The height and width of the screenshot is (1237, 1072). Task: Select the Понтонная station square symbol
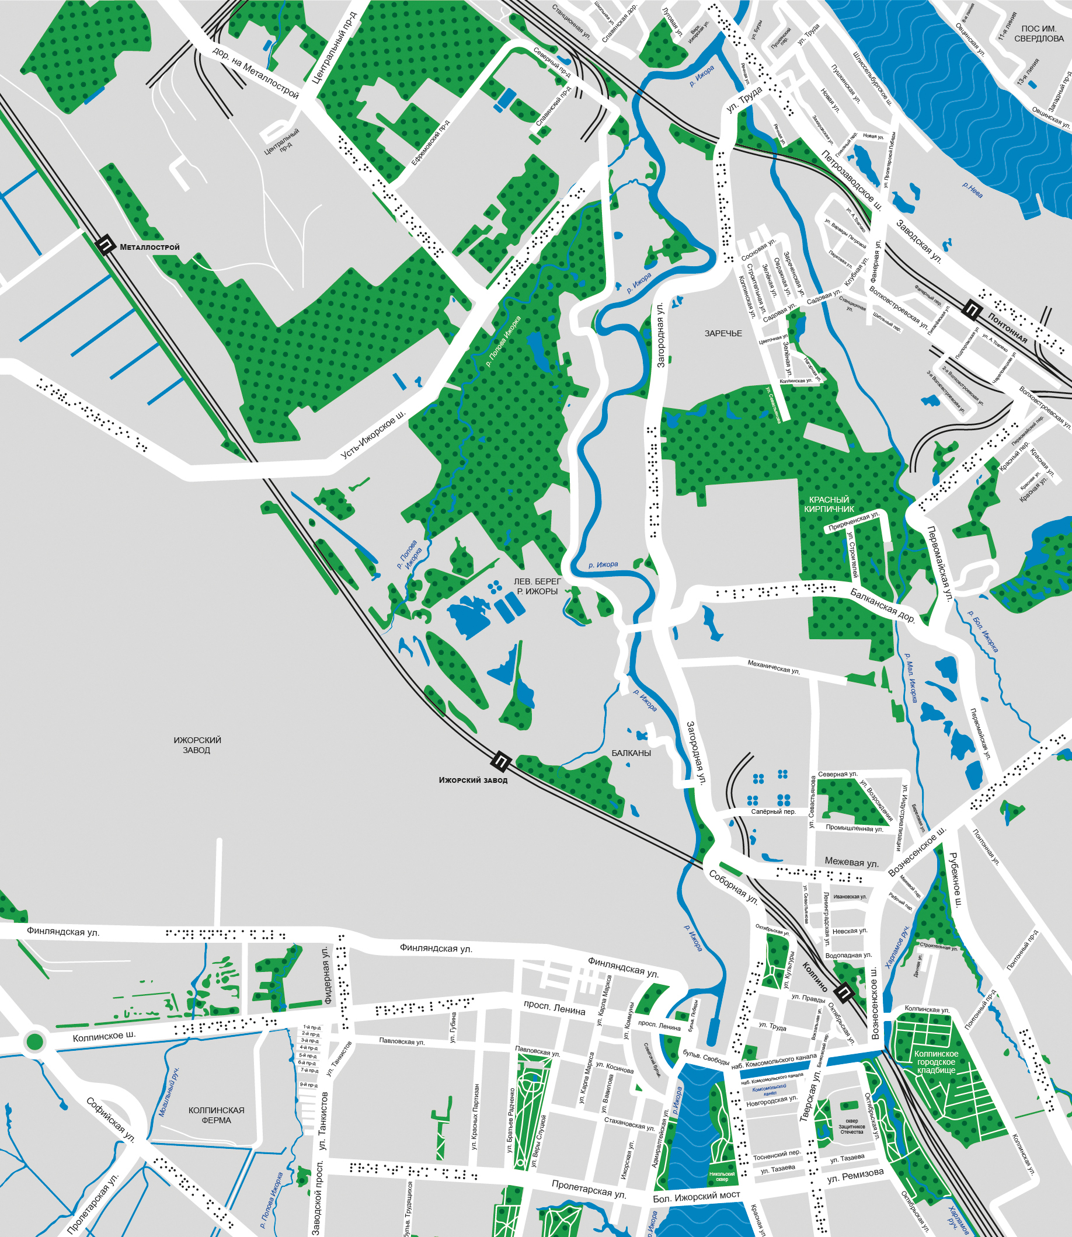point(972,309)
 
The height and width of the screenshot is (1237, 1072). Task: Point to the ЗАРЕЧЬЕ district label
point(723,333)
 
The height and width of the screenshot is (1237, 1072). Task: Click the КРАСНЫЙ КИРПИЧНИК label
point(829,504)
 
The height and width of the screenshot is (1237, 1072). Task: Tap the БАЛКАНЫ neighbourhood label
point(631,753)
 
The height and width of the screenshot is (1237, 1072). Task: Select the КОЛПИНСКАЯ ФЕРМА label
point(216,1115)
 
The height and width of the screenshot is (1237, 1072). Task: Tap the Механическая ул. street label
point(774,667)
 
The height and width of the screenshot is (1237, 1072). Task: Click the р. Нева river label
point(972,190)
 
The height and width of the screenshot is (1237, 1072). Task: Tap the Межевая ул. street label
point(851,863)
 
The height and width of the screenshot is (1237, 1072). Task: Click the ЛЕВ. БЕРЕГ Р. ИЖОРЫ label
point(537,586)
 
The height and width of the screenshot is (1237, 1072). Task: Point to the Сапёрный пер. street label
point(774,811)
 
